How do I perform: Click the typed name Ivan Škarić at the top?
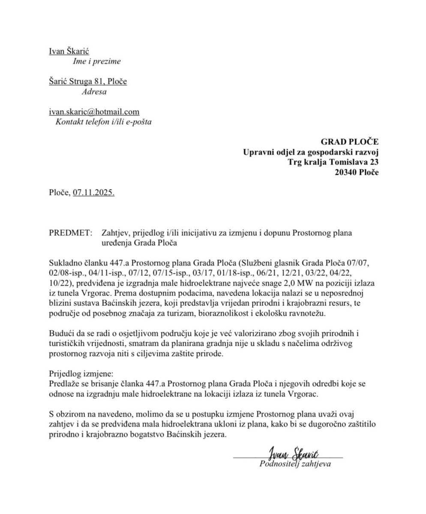coord(69,51)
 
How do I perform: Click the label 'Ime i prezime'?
coord(96,61)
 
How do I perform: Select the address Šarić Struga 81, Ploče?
coord(88,81)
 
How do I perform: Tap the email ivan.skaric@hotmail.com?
coord(94,112)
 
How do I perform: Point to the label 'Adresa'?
coord(94,91)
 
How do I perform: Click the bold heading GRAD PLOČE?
coord(350,142)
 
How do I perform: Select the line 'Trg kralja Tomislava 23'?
coord(333,162)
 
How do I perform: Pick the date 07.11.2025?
coord(93,193)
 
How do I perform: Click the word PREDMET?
coord(70,233)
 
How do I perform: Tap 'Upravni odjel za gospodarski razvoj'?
coord(311,152)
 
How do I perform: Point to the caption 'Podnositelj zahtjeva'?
coord(295,463)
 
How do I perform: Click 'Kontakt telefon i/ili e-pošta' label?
coord(103,122)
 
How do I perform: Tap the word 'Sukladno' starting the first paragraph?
coord(64,263)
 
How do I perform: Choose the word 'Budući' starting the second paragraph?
coord(61,334)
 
